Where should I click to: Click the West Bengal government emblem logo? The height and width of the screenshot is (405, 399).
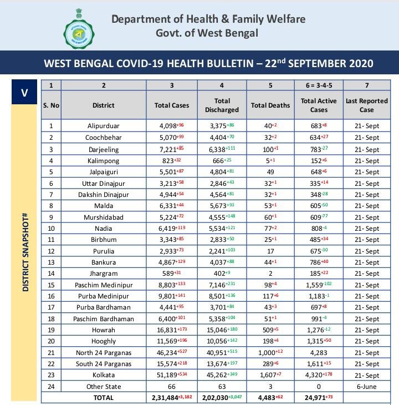(x=80, y=31)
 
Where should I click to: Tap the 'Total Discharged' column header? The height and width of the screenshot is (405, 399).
(x=222, y=105)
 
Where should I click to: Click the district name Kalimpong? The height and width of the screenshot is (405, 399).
(x=104, y=160)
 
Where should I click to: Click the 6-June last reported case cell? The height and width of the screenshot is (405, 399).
(x=366, y=386)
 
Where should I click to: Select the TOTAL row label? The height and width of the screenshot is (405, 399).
(x=104, y=397)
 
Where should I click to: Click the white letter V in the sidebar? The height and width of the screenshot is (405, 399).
(x=24, y=92)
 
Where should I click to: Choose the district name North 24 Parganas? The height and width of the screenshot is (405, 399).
(x=104, y=353)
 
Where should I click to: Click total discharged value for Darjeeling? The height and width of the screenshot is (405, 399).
(x=222, y=149)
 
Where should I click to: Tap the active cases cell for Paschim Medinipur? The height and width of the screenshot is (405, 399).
(x=319, y=285)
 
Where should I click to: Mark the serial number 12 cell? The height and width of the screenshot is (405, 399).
(x=51, y=251)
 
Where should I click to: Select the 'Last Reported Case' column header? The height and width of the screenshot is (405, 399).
(x=366, y=105)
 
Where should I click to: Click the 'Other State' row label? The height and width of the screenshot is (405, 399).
(x=104, y=386)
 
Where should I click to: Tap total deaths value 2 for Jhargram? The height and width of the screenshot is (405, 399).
(x=270, y=274)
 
